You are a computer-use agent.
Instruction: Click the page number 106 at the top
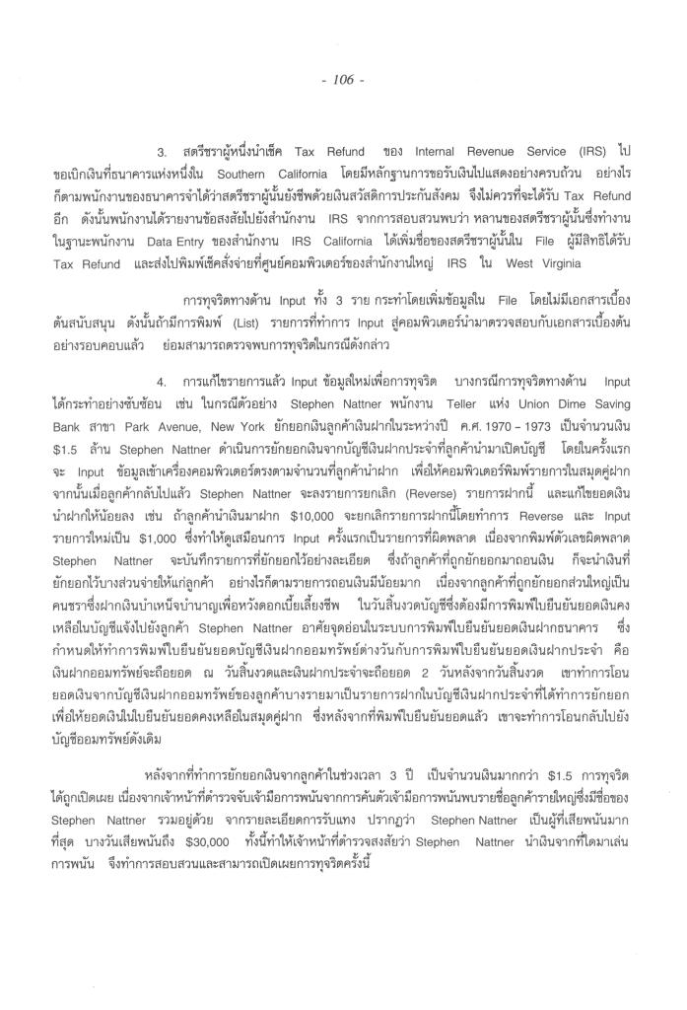click(x=343, y=79)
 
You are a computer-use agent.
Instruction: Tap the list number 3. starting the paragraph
click(x=162, y=153)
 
